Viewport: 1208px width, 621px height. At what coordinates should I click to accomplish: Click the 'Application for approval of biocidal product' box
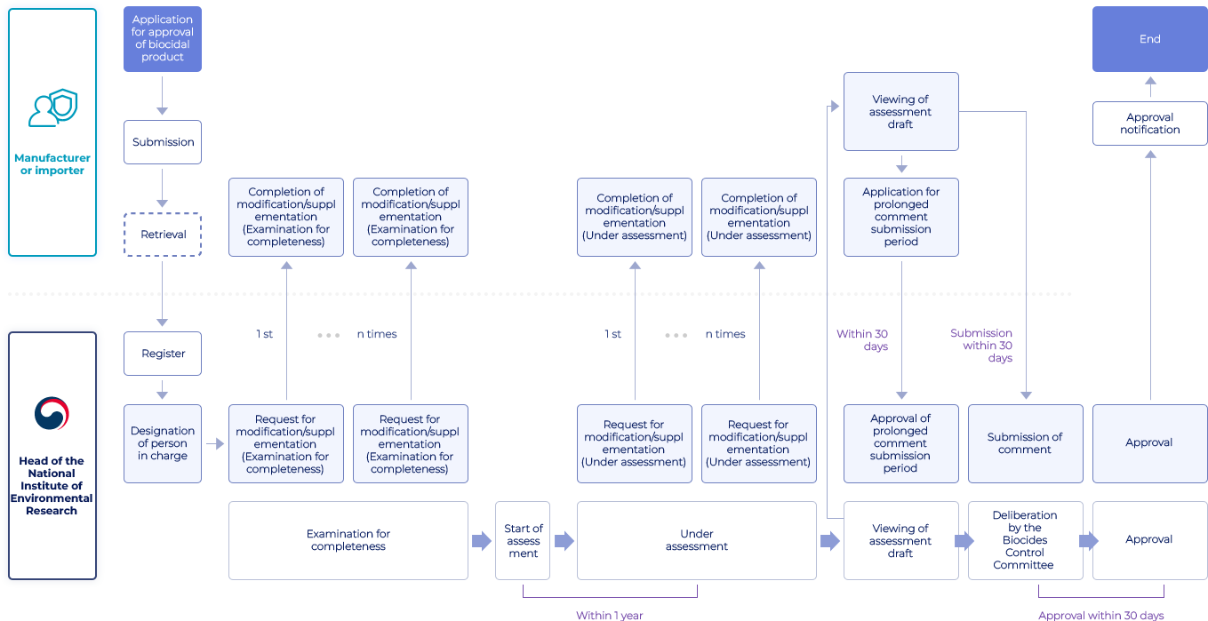pyautogui.click(x=162, y=38)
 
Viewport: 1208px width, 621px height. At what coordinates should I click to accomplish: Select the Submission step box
pyautogui.click(x=163, y=142)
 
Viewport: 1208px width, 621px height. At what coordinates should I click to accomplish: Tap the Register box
pyautogui.click(x=163, y=354)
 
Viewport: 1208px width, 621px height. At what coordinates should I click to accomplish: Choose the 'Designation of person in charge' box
pyautogui.click(x=163, y=443)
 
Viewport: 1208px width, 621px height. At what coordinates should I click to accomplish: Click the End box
pyautogui.click(x=1149, y=39)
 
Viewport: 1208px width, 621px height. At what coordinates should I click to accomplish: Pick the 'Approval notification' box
pyautogui.click(x=1149, y=123)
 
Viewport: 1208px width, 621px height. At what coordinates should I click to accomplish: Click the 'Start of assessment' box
pyautogui.click(x=523, y=540)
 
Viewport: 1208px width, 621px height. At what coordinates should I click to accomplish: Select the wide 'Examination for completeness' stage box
pyautogui.click(x=348, y=540)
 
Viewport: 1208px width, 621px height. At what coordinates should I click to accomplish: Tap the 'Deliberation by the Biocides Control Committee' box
pyautogui.click(x=1025, y=540)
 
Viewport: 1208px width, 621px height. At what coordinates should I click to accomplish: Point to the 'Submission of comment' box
pyautogui.click(x=1025, y=443)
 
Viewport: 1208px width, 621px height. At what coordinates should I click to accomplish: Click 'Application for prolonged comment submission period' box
pyautogui.click(x=900, y=217)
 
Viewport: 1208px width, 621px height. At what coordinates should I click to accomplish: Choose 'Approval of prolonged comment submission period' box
pyautogui.click(x=900, y=443)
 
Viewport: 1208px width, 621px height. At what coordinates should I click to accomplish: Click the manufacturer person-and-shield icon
pyautogui.click(x=52, y=108)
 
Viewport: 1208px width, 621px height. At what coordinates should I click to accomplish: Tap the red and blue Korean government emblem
pyautogui.click(x=52, y=414)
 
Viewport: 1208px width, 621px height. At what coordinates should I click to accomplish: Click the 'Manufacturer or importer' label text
pyautogui.click(x=52, y=164)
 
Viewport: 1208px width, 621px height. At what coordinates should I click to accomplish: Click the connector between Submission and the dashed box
pyautogui.click(x=162, y=187)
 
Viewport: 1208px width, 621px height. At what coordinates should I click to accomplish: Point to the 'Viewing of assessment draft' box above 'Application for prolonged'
pyautogui.click(x=900, y=112)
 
